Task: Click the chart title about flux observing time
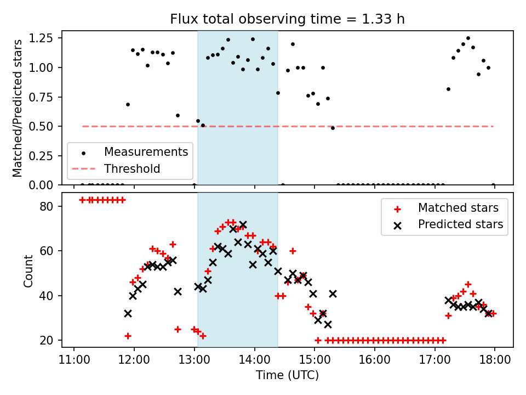(287, 19)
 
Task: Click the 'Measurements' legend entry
(146, 151)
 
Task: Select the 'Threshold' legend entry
(132, 169)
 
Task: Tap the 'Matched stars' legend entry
(458, 208)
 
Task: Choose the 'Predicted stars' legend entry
(460, 224)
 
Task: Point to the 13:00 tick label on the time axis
(194, 360)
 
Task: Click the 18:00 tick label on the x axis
(495, 360)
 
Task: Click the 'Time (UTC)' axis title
(287, 376)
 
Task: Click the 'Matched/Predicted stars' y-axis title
(18, 108)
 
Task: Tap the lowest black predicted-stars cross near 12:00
(128, 313)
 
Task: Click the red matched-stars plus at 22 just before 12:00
(128, 336)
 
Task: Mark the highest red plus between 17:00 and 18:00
(468, 284)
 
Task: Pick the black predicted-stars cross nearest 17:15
(449, 300)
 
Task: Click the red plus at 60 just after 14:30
(293, 251)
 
